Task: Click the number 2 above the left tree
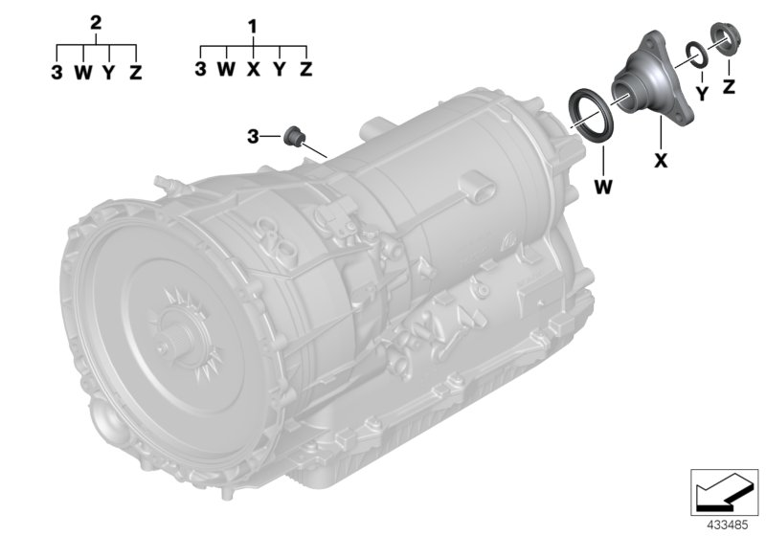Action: point(96,23)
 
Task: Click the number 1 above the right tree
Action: point(253,28)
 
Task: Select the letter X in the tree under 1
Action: point(253,69)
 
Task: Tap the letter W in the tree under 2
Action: point(83,72)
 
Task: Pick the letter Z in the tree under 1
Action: point(305,69)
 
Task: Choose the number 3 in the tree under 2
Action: point(56,72)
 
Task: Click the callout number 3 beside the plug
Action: point(253,137)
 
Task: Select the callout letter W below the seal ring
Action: point(603,187)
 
